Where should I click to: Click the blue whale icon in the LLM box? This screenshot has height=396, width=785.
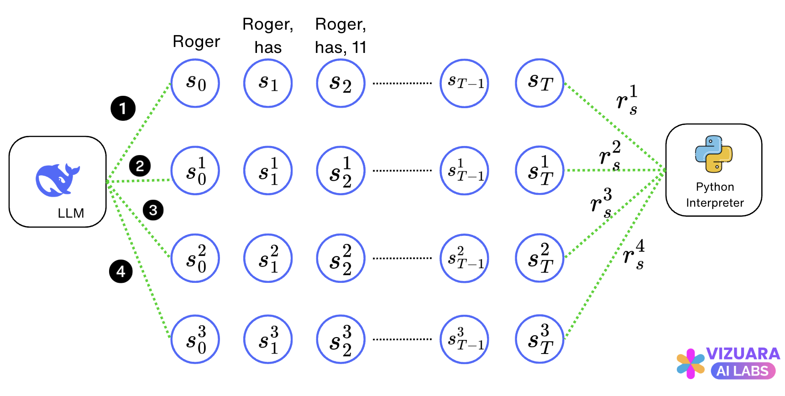[x=57, y=180]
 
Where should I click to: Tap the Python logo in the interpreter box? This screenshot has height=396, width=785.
[x=714, y=154]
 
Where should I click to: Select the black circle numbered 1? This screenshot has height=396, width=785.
[x=123, y=109]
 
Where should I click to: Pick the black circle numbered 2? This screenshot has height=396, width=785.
[x=140, y=166]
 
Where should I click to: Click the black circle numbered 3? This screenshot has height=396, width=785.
[x=153, y=210]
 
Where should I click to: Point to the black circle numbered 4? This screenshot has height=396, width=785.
[x=121, y=271]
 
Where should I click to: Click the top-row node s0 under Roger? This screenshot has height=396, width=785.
[x=195, y=83]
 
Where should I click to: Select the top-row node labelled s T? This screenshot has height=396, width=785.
[x=539, y=83]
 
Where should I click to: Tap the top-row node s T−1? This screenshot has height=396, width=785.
[x=464, y=83]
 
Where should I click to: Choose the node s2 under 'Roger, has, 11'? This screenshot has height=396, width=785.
[x=341, y=83]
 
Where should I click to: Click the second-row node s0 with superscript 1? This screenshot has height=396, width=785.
[x=195, y=171]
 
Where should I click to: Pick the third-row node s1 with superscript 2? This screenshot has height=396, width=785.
[x=268, y=258]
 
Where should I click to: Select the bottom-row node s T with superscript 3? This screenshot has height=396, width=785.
[x=539, y=339]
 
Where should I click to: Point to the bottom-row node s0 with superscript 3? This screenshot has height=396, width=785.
[x=195, y=339]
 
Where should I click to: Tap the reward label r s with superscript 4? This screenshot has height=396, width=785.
[x=634, y=255]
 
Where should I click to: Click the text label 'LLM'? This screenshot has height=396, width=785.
[x=71, y=213]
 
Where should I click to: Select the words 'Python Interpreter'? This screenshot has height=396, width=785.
[x=715, y=195]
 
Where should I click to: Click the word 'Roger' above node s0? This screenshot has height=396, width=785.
[x=196, y=42]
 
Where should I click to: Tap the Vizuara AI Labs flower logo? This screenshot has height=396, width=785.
[x=690, y=364]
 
